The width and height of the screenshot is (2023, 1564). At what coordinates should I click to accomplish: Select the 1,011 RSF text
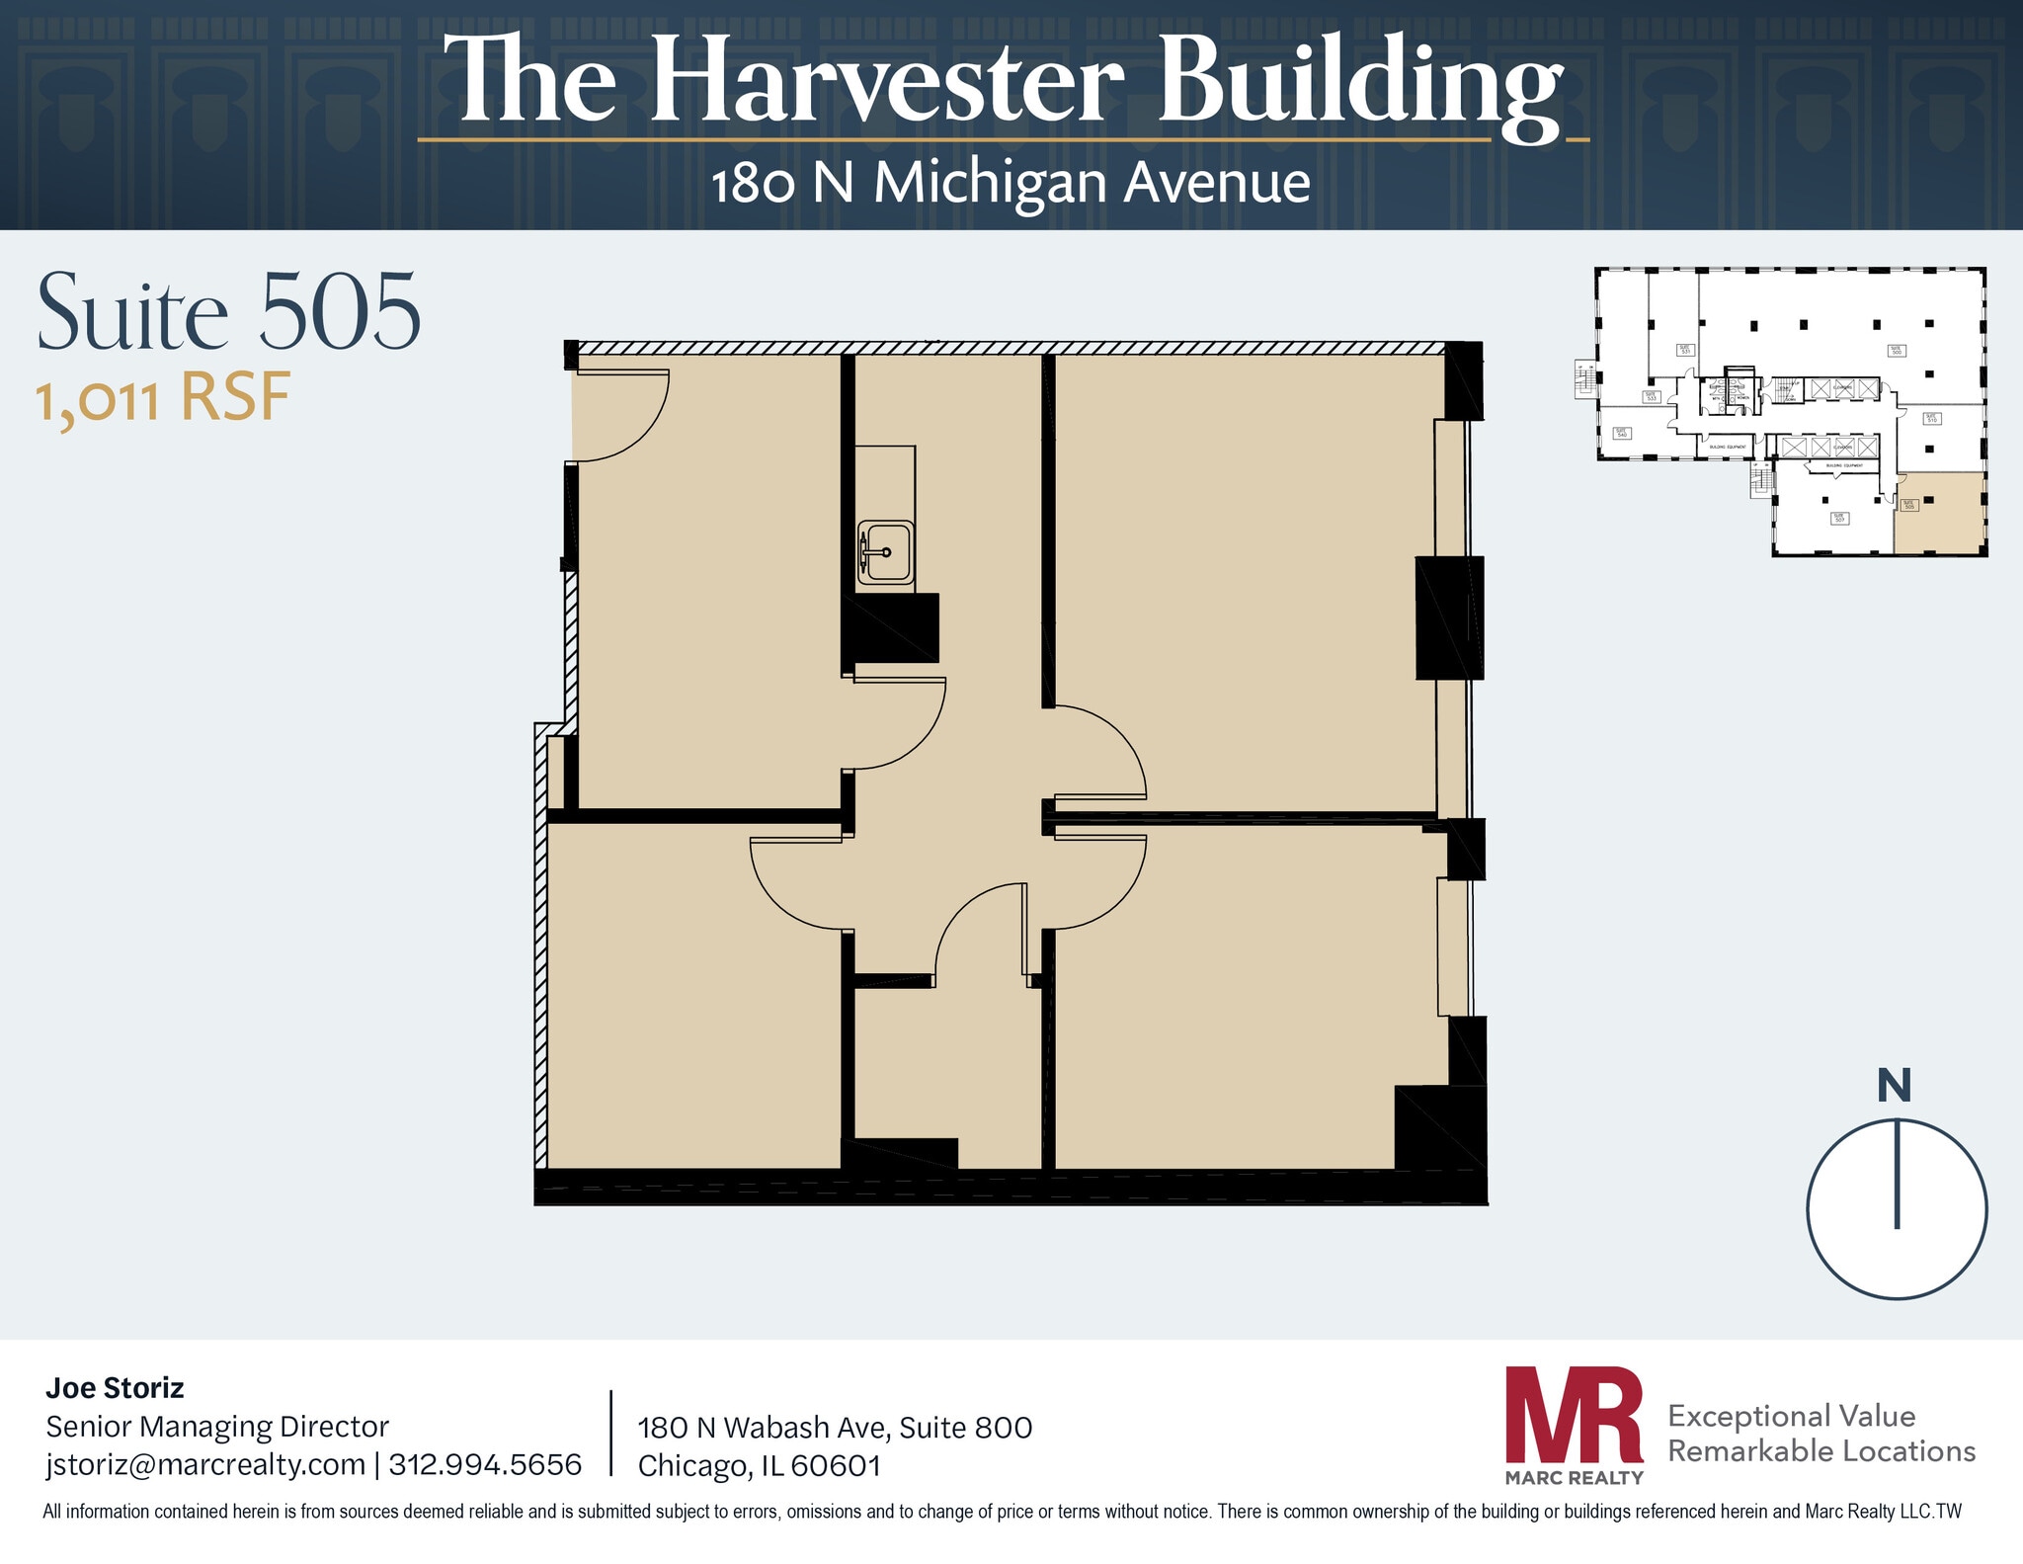[x=163, y=399]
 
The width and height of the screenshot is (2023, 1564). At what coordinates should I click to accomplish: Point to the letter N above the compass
[x=1894, y=1086]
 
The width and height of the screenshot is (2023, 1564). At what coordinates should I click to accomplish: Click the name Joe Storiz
[x=115, y=1388]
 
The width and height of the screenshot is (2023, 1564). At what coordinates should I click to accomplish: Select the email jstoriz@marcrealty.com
[x=205, y=1464]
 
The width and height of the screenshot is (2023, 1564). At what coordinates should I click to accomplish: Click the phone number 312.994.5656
[x=485, y=1464]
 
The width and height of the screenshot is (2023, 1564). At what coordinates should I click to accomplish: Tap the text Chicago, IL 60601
[x=759, y=1466]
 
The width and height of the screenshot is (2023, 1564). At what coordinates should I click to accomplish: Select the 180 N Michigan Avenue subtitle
[x=1011, y=183]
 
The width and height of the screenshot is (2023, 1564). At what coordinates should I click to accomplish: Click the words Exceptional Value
[x=1791, y=1416]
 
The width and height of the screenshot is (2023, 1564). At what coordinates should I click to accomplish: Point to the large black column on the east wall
[x=1449, y=617]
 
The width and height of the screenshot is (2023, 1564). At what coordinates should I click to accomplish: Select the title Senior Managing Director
[x=217, y=1427]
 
